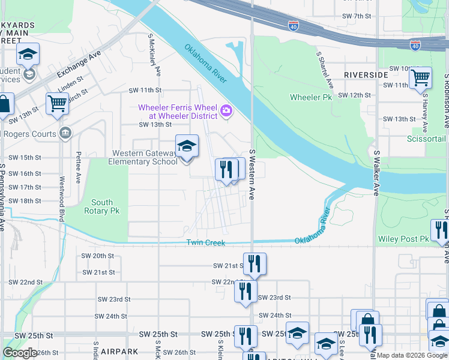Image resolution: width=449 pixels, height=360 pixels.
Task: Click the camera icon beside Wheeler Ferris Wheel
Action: point(226,110)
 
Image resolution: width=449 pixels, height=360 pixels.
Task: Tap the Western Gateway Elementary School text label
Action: point(143,157)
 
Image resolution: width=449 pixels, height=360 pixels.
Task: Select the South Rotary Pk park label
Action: point(102,207)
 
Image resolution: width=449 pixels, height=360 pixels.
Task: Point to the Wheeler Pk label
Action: point(310,97)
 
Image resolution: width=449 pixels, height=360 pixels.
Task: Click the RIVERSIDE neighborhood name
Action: point(366,74)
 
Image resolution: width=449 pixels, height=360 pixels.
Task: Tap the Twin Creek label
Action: point(205,242)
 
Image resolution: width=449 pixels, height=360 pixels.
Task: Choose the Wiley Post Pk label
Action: point(402,239)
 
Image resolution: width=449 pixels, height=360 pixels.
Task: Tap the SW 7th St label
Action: point(357,16)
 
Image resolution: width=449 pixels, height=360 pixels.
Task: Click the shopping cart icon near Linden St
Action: point(57,103)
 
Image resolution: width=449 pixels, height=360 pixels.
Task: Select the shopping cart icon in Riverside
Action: point(420,77)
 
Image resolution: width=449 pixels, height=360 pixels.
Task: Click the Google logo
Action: point(20,353)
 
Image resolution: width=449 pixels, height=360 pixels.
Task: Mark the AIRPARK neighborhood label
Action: point(120,352)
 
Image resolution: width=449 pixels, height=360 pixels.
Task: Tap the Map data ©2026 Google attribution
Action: point(412,355)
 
